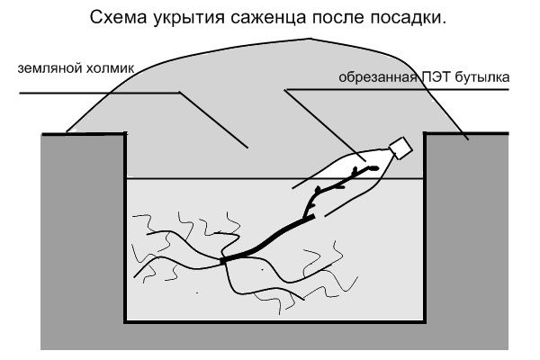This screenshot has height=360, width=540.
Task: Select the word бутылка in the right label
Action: [x=486, y=77]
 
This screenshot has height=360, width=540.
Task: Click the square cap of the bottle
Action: [x=399, y=146]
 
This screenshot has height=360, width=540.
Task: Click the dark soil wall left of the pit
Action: [x=81, y=234]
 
